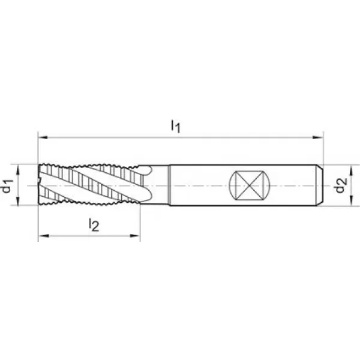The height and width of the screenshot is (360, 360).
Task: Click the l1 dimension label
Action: (176, 126)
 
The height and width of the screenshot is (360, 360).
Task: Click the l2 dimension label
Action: (94, 224)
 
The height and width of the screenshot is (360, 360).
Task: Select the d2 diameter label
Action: (340, 185)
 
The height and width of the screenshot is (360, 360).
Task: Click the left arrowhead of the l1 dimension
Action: (43, 137)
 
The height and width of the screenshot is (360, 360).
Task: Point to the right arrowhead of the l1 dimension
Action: (318, 137)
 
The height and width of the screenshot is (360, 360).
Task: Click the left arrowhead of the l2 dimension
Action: (43, 236)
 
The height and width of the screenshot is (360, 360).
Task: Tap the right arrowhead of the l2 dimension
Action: (135, 236)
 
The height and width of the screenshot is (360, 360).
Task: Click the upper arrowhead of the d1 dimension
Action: (17, 170)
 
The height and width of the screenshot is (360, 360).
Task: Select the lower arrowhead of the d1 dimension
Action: (17, 200)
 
